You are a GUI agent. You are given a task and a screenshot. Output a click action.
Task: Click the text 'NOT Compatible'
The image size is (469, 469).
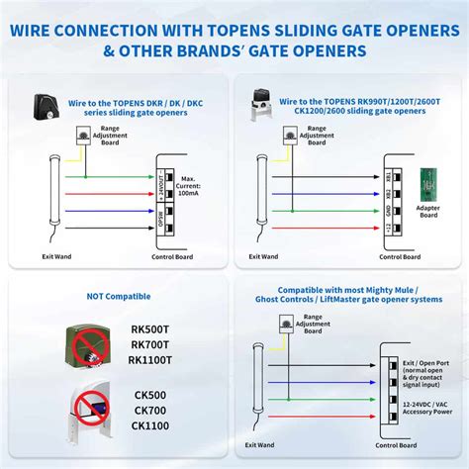click(119, 296)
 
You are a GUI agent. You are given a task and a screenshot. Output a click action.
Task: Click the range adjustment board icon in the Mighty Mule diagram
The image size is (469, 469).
click(286, 324)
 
